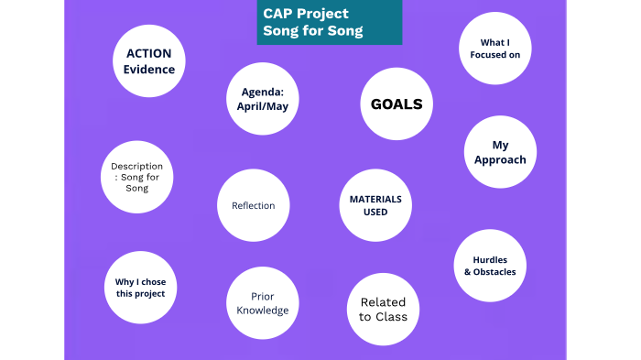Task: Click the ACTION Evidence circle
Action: click(149, 61)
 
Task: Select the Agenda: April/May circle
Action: click(264, 99)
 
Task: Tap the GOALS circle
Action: click(397, 104)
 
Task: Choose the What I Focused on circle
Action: click(494, 49)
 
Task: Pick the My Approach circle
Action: click(500, 152)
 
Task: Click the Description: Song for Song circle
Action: click(136, 177)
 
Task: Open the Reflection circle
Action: click(253, 206)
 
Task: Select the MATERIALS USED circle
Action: click(375, 206)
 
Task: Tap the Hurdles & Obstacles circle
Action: click(489, 266)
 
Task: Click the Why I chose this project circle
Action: click(140, 288)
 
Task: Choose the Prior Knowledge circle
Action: click(262, 303)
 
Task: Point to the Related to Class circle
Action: click(383, 310)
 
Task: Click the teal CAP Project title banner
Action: click(329, 23)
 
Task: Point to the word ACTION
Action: click(149, 54)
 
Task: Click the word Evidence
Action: click(149, 70)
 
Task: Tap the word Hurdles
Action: click(489, 259)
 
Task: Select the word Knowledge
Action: click(262, 311)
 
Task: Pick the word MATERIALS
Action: click(375, 199)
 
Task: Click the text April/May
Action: click(264, 106)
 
